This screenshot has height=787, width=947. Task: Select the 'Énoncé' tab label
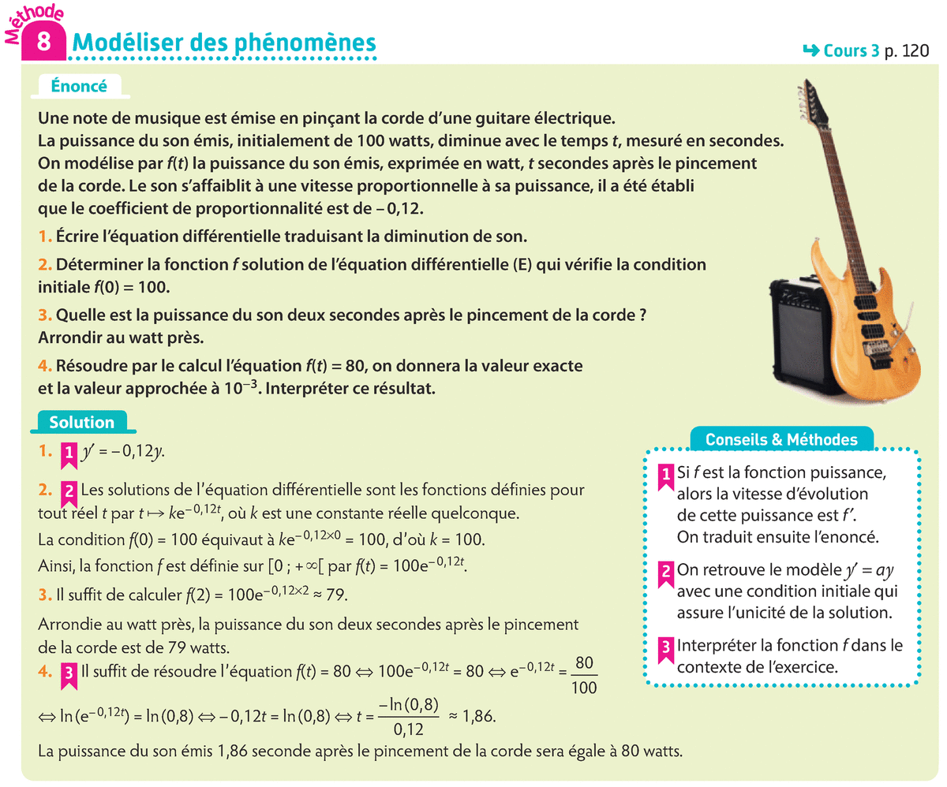click(x=78, y=86)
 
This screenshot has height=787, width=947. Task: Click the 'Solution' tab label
click(x=81, y=423)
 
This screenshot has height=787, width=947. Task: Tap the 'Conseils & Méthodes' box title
click(x=781, y=439)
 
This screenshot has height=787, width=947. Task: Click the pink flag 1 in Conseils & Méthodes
click(x=665, y=473)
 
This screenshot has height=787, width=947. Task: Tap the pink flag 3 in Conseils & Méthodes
click(x=665, y=647)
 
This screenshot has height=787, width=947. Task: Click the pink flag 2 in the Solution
click(x=69, y=490)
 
